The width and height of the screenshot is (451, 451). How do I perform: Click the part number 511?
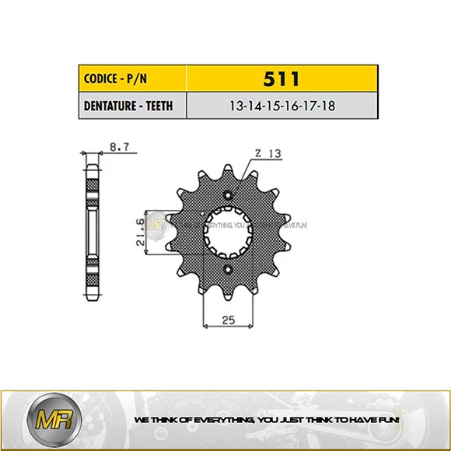coord(282,79)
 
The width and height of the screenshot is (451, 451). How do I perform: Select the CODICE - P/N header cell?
coord(133,79)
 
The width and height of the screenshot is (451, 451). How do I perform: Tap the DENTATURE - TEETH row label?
coord(133,106)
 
